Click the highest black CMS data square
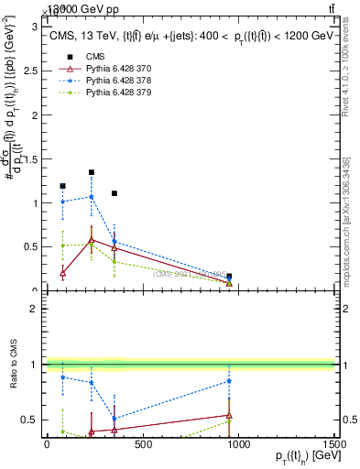[92, 172]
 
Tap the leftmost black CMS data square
[62, 186]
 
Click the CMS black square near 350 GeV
[115, 193]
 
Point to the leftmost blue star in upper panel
[62, 202]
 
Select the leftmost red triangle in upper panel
[62, 273]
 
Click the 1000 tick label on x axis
[238, 444]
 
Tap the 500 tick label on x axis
[142, 444]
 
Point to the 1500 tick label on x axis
[333, 444]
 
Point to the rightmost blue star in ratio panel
[229, 381]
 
